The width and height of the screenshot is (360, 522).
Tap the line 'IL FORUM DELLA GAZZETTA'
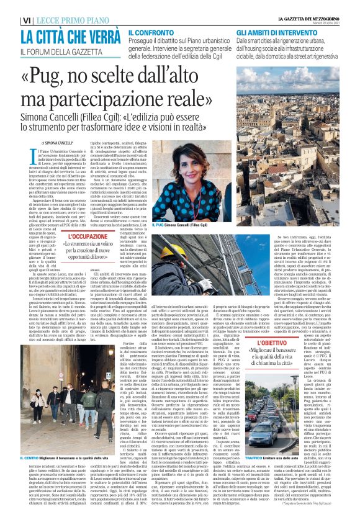[60, 48]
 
